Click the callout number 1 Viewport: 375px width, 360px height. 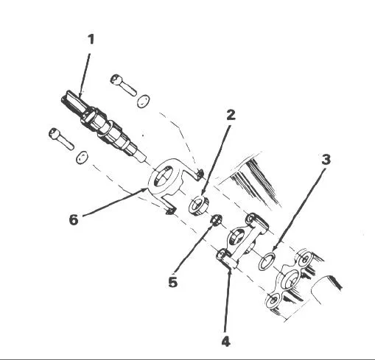click(x=91, y=39)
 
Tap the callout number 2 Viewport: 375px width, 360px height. click(x=231, y=115)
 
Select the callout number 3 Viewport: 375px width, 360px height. click(x=326, y=160)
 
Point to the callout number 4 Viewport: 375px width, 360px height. click(x=226, y=341)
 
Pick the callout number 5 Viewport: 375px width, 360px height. click(x=173, y=282)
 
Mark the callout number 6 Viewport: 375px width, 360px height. click(x=74, y=219)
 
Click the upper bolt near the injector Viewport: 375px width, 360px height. click(x=123, y=85)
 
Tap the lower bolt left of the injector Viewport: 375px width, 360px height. click(x=61, y=138)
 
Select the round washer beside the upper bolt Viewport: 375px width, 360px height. click(x=143, y=101)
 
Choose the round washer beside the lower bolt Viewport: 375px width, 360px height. click(x=82, y=158)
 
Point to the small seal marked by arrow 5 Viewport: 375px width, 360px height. click(x=216, y=219)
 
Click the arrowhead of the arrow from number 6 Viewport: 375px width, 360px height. click(x=145, y=189)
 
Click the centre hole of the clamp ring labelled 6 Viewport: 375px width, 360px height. click(x=161, y=176)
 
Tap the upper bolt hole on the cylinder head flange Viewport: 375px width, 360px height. click(x=305, y=258)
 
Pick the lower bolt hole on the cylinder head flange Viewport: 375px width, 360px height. click(x=273, y=300)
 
